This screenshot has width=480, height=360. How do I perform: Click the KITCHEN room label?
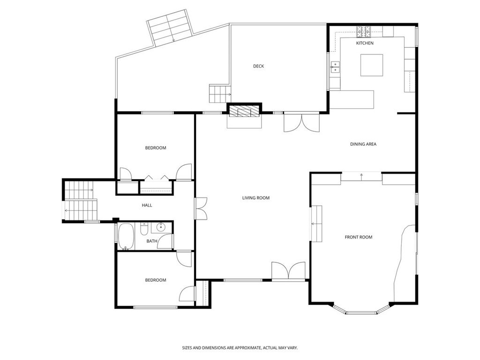[365, 43]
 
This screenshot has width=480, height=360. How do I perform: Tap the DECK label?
[258, 66]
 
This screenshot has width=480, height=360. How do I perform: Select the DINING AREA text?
[363, 144]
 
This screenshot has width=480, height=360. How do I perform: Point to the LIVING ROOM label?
[256, 198]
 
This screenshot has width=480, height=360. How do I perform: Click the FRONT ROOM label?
[359, 237]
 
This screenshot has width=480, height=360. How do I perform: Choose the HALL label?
[147, 205]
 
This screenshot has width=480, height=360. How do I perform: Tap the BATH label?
[152, 241]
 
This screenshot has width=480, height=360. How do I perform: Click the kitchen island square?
[371, 65]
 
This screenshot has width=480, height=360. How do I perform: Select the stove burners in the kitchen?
[363, 31]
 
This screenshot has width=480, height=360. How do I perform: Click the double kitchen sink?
[335, 67]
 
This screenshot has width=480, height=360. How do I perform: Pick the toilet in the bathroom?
[144, 230]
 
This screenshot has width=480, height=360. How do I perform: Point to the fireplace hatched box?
[244, 111]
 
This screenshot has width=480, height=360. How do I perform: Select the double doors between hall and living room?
[202, 208]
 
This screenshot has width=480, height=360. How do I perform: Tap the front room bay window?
[362, 311]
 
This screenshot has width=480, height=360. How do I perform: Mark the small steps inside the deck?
[219, 94]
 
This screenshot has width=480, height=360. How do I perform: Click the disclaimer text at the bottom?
[240, 348]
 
